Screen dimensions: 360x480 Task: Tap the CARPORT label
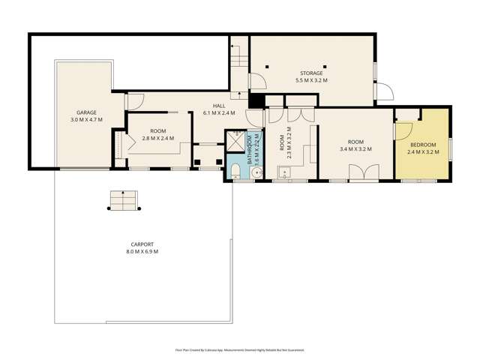coord(141,244)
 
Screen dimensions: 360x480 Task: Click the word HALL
coord(219,106)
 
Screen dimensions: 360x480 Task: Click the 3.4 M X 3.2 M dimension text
coord(356,149)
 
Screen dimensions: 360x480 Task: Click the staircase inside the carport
coord(124,200)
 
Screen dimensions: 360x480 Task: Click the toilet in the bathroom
coord(236,172)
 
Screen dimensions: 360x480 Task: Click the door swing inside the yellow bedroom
coord(403,132)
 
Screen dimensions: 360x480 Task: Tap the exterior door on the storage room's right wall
coord(384,92)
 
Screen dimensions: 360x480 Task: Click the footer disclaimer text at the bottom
coord(240,350)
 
